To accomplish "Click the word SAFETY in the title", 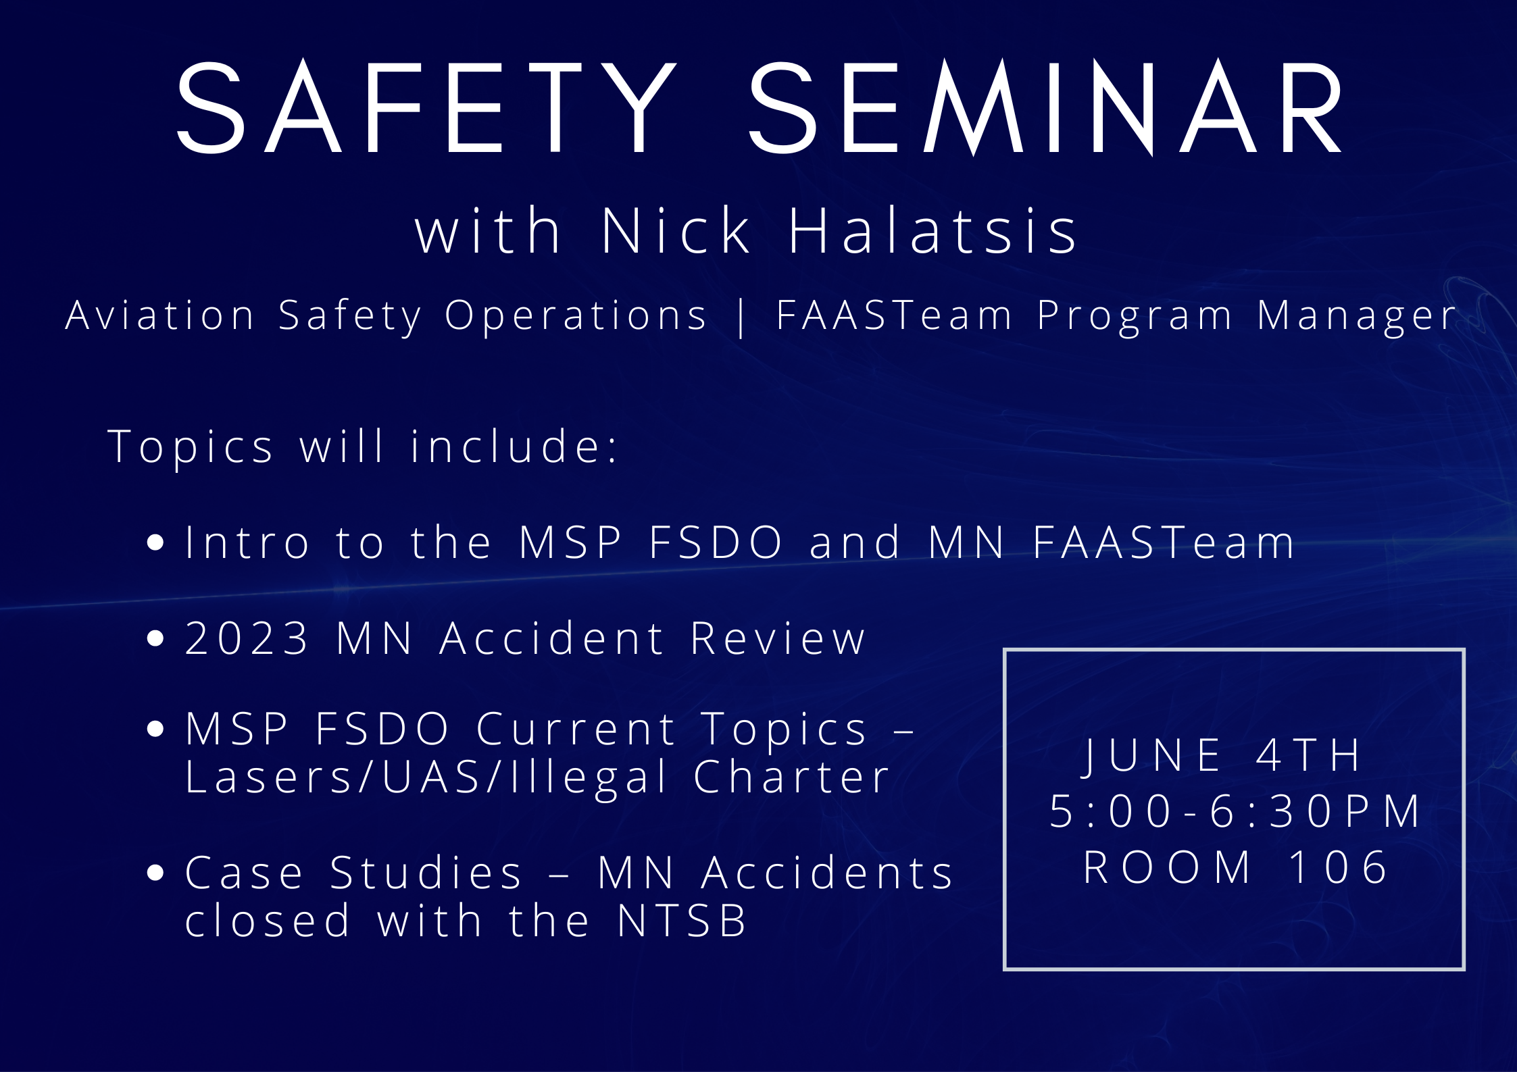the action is point(426,108).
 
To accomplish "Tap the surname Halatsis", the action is point(932,230).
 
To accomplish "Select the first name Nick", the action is point(676,230).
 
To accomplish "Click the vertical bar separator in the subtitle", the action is point(742,316).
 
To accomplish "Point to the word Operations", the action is point(576,315).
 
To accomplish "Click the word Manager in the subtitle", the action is point(1357,317).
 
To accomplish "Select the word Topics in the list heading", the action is point(191,447).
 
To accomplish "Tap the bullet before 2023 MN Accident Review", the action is point(155,638).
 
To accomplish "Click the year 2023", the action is point(247,638).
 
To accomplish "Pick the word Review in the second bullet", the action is point(778,638).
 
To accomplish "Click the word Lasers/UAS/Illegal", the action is point(426,777).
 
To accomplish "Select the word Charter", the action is point(792,777).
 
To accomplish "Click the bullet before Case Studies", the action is point(155,873).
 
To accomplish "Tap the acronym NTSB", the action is point(682,921).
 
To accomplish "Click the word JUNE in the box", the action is point(1152,755).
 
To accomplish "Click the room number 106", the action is point(1338,867).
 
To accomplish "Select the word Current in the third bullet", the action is point(576,730).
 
